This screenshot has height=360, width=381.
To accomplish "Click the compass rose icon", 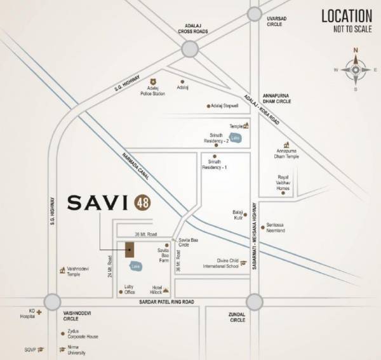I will click(356, 69).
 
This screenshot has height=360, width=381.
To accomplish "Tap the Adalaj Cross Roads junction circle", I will click(190, 49).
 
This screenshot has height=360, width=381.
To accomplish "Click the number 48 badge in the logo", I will click(142, 204).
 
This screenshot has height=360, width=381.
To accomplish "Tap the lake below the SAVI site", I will click(135, 267).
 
